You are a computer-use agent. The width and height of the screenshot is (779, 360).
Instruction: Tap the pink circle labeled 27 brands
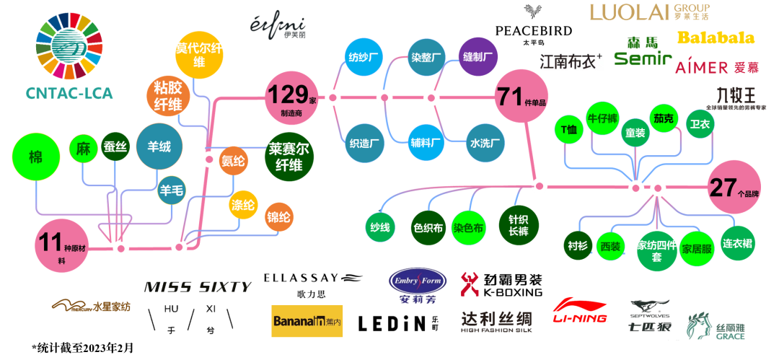[x=734, y=188]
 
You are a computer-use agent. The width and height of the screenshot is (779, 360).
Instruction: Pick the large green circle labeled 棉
[x=35, y=158]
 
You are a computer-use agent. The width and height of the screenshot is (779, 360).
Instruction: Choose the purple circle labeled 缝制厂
[x=477, y=56]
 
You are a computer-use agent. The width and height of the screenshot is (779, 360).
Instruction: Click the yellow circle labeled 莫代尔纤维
[x=198, y=55]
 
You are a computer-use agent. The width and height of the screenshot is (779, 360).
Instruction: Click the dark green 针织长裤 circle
[x=519, y=225]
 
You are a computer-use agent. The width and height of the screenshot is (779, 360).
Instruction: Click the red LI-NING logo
[x=580, y=312]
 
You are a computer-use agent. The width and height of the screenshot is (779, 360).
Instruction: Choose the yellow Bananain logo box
[x=307, y=321]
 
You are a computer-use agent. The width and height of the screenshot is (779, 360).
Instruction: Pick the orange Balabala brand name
[x=716, y=38]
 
